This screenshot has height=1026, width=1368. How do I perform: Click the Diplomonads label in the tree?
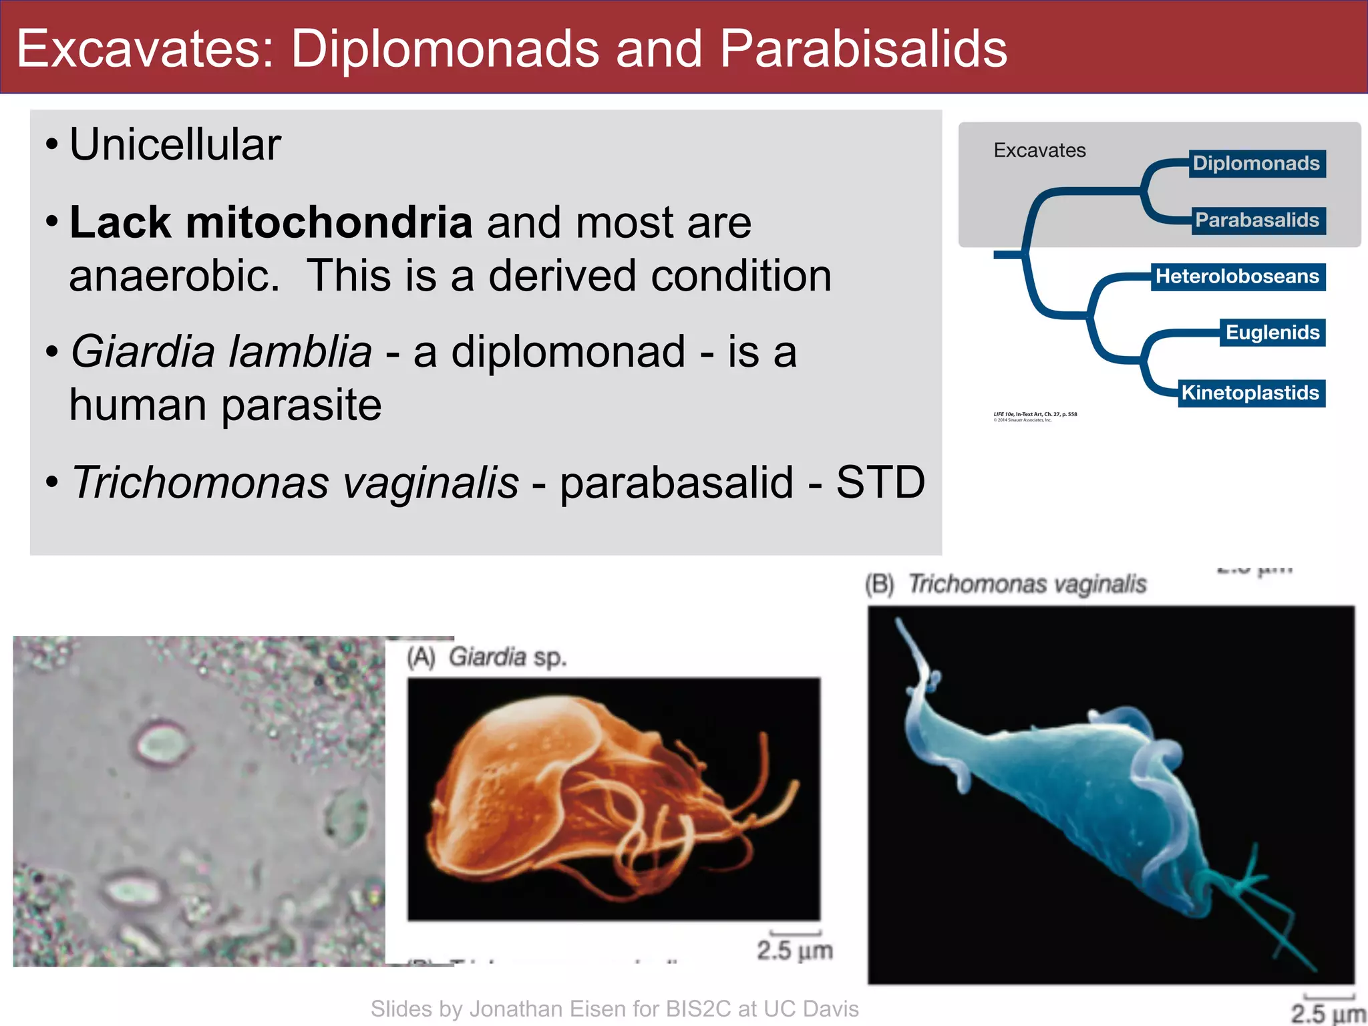tap(1256, 164)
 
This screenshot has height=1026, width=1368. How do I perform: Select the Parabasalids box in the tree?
tap(1257, 220)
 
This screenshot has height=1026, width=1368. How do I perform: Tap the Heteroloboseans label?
tap(1237, 277)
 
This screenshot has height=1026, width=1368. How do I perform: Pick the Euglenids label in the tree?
tap(1272, 333)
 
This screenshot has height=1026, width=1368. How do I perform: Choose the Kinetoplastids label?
tap(1250, 393)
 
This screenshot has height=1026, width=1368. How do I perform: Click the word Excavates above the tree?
tap(1039, 150)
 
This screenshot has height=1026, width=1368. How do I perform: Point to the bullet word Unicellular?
tap(175, 144)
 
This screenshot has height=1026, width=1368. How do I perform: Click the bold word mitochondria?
tap(329, 222)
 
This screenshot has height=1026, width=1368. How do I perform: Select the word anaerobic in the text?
tap(174, 276)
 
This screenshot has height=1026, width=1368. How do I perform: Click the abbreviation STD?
tap(880, 482)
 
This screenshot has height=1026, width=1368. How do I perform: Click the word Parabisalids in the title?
tap(863, 49)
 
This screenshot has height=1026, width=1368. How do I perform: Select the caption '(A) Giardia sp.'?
tap(487, 657)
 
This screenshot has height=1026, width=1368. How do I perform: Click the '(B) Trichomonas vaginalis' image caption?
tap(1006, 584)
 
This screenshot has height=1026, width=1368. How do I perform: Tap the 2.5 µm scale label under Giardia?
tap(794, 950)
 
